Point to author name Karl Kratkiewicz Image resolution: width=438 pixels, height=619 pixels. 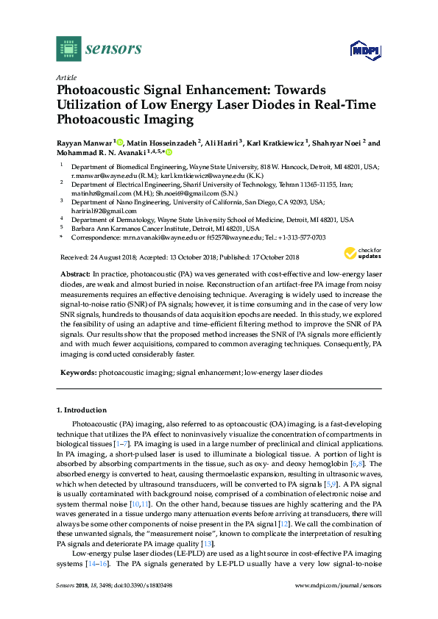click(x=272, y=142)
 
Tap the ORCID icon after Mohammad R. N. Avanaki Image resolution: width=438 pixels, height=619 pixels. click(x=169, y=153)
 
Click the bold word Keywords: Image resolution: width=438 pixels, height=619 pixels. click(x=77, y=373)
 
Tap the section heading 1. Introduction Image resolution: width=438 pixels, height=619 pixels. click(x=82, y=409)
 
